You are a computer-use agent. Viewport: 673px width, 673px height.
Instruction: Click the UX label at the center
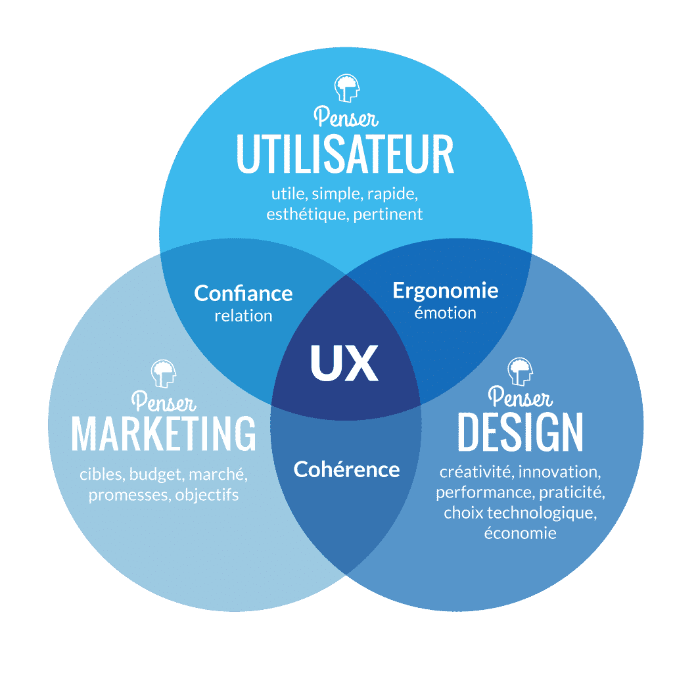(344, 363)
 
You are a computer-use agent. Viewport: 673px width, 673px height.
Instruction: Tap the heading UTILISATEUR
(345, 154)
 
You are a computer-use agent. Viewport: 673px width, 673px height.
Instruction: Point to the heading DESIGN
(520, 432)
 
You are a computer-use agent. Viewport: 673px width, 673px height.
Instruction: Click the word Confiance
(243, 293)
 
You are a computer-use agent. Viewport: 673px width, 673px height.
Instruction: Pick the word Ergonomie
(445, 290)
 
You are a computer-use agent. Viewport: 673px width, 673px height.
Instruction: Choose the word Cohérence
(346, 469)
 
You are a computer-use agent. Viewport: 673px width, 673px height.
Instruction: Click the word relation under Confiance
(243, 315)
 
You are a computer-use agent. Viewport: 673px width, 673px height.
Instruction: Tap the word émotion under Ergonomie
(445, 312)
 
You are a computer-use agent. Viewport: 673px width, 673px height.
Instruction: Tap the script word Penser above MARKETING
(163, 400)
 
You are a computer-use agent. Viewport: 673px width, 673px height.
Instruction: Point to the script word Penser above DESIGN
(520, 397)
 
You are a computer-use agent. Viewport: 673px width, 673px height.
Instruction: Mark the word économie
(520, 532)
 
